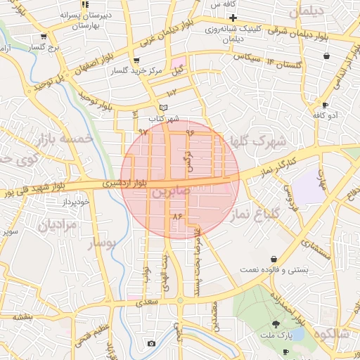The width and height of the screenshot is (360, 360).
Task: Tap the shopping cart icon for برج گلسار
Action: tap(44, 37)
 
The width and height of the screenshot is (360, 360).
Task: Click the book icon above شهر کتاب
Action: tap(164, 107)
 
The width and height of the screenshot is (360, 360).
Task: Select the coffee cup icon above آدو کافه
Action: tap(324, 105)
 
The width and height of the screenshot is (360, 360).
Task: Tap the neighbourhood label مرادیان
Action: tap(57, 226)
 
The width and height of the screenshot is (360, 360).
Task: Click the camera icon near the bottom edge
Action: tap(151, 343)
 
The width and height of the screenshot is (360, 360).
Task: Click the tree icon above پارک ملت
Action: tap(276, 325)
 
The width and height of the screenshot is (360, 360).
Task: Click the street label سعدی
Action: tap(149, 300)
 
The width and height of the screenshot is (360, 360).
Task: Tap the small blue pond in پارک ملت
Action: tap(295, 335)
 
